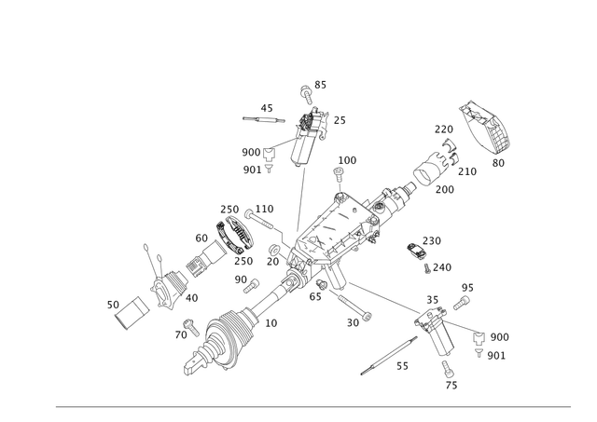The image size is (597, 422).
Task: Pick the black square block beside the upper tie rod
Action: click(270, 156)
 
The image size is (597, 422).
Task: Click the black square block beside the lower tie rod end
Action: click(478, 338)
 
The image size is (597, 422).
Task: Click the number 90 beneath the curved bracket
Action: click(497, 162)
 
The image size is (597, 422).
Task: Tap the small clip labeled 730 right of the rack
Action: click(417, 250)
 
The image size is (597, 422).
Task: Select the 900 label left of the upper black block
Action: click(249, 150)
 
